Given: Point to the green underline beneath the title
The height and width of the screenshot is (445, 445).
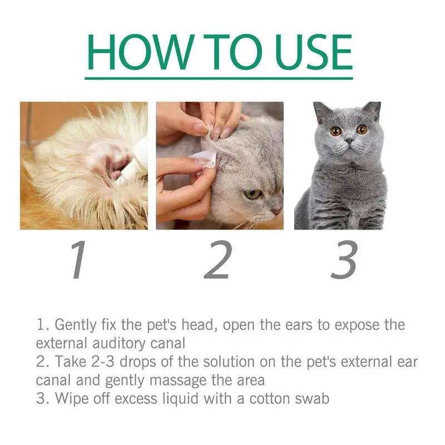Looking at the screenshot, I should pyautogui.click(x=219, y=78).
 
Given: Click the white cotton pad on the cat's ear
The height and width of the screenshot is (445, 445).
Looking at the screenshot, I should pyautogui.click(x=206, y=159).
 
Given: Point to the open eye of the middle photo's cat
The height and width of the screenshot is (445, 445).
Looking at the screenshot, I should pyautogui.click(x=253, y=194).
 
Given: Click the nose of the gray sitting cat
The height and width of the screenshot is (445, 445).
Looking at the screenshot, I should pyautogui.click(x=348, y=142).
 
